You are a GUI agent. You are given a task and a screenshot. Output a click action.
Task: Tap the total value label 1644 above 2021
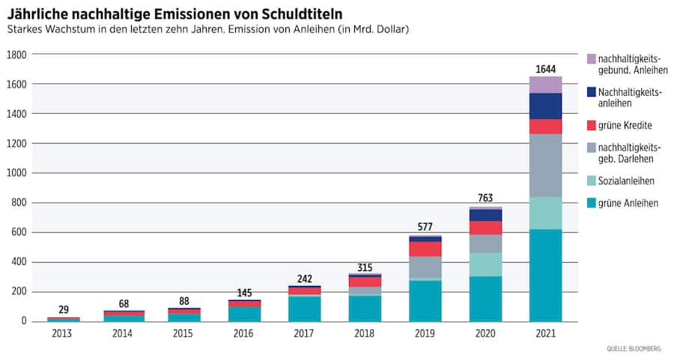[545, 70]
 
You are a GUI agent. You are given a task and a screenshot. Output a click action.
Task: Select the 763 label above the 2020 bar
[485, 198]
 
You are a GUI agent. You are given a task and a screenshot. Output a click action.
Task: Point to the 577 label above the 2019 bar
[425, 227]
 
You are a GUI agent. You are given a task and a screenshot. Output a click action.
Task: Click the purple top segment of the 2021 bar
[545, 85]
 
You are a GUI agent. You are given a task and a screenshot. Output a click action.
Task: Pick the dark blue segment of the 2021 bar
[545, 106]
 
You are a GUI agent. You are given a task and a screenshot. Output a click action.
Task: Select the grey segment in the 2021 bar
[545, 165]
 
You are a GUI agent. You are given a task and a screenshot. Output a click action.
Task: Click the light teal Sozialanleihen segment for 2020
[485, 264]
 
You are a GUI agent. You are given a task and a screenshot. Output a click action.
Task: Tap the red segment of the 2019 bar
[425, 248]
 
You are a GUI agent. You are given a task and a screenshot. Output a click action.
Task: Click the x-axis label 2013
[63, 333]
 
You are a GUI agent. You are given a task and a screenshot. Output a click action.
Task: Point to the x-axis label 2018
[365, 333]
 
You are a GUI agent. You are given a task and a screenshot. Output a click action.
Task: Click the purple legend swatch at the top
[592, 58]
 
